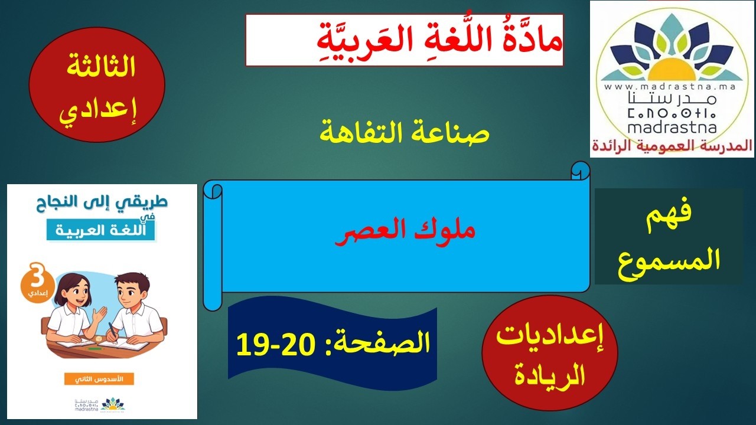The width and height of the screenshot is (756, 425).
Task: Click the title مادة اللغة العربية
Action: [404, 40]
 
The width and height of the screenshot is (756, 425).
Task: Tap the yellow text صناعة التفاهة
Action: [405, 132]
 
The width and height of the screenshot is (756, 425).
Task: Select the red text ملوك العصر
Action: [406, 230]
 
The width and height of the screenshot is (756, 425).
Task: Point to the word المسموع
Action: [669, 260]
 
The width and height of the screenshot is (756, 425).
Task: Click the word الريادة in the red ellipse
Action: [550, 374]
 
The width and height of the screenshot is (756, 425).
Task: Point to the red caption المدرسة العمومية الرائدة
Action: [672, 145]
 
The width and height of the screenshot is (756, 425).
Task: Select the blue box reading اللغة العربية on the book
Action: [100, 229]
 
